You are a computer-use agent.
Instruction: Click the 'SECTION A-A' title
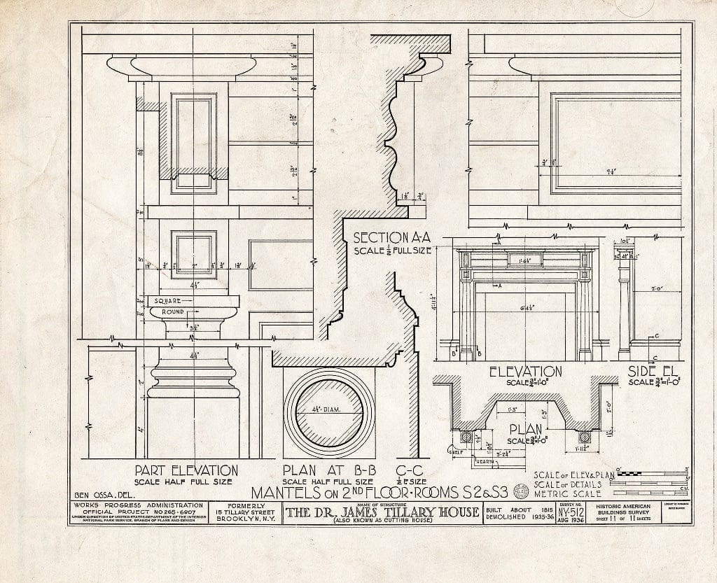point(392,237)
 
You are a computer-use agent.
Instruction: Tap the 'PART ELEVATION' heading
point(186,471)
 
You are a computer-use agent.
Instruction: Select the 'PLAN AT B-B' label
point(319,470)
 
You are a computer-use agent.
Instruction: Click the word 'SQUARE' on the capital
point(169,301)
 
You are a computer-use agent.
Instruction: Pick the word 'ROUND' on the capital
point(172,311)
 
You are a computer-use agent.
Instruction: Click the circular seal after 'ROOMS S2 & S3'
point(521,491)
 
